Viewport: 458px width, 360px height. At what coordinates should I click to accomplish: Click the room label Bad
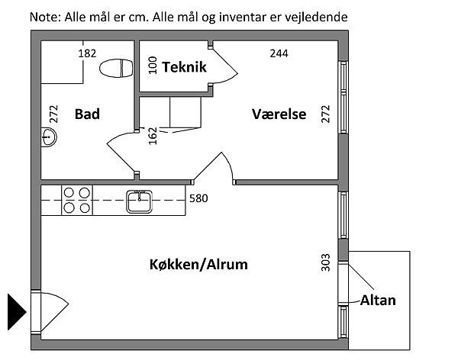pyautogui.click(x=87, y=114)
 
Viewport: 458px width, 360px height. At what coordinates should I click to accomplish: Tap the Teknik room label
pyautogui.click(x=184, y=67)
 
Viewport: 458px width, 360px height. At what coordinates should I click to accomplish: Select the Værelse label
pyautogui.click(x=279, y=114)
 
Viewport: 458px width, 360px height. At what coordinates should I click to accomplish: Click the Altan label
pyautogui.click(x=379, y=300)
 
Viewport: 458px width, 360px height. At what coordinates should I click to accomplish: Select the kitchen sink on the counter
pyautogui.click(x=140, y=201)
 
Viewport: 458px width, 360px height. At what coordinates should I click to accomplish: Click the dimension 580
pyautogui.click(x=198, y=198)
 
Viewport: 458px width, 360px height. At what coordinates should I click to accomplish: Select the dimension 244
pyautogui.click(x=279, y=53)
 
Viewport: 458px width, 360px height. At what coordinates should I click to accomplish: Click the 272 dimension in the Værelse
pyautogui.click(x=326, y=114)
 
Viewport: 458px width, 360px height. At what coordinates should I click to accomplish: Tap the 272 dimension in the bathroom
pyautogui.click(x=53, y=114)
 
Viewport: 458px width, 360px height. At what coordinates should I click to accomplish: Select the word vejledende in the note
pyautogui.click(x=314, y=15)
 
